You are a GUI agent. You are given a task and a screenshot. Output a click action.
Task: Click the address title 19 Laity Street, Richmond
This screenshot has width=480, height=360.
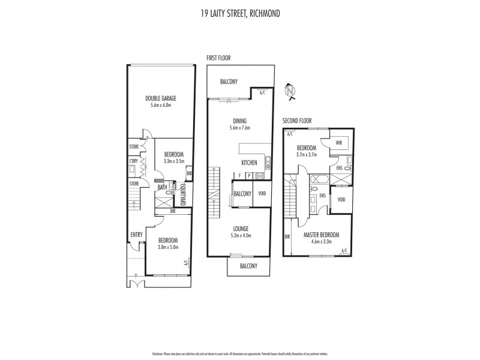point(240,12)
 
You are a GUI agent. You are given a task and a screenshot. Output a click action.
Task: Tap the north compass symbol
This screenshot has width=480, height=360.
point(291,91)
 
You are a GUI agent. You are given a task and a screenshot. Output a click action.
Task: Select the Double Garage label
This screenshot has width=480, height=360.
point(161,98)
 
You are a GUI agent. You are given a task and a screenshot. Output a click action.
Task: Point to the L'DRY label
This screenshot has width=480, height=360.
point(134,161)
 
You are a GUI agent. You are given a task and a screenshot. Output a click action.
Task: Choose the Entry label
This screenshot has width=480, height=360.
point(135,235)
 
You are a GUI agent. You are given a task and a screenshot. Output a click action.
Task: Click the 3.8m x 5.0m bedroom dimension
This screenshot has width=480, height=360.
point(167,247)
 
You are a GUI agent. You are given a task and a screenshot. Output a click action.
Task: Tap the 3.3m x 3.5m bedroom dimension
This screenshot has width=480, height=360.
point(174,161)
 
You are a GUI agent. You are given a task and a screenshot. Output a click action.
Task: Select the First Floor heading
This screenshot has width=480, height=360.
point(218,58)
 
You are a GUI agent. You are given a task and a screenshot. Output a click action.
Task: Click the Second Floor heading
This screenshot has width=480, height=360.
point(297,121)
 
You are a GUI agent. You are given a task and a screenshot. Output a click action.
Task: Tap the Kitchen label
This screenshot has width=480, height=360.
point(249,163)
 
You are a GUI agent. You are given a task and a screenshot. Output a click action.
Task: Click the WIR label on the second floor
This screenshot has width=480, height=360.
point(339,143)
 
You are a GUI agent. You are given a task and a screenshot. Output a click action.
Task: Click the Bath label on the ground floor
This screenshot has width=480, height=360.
point(162,188)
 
